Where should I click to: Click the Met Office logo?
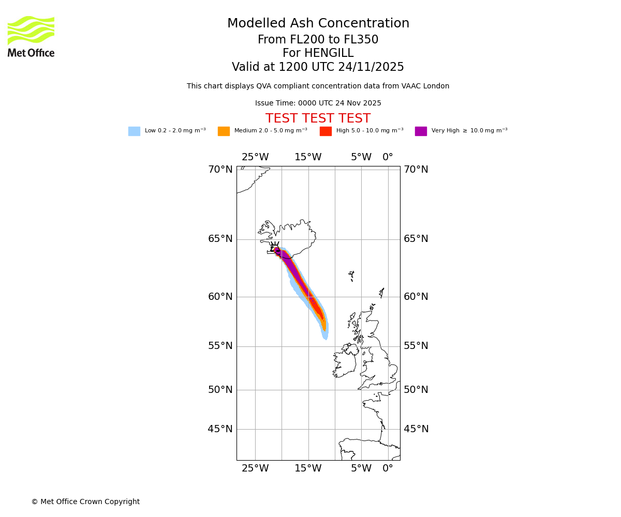[31, 36]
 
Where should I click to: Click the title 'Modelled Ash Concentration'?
[318, 24]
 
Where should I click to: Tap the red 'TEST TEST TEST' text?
[318, 119]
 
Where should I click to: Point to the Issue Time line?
[318, 103]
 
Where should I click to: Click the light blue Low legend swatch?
[134, 131]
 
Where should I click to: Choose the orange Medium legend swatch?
[224, 131]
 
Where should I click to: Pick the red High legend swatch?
[326, 131]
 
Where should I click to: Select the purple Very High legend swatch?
[421, 131]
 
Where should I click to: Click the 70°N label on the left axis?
[220, 170]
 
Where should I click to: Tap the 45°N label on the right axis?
[416, 429]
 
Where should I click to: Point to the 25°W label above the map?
[255, 157]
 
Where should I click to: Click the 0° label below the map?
[388, 468]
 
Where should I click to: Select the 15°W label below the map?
[308, 468]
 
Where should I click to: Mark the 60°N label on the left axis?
[220, 297]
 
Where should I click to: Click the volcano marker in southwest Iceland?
[275, 248]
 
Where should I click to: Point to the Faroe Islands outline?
[351, 275]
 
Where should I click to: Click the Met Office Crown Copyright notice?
[85, 501]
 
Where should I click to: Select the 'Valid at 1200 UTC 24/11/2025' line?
[318, 67]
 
